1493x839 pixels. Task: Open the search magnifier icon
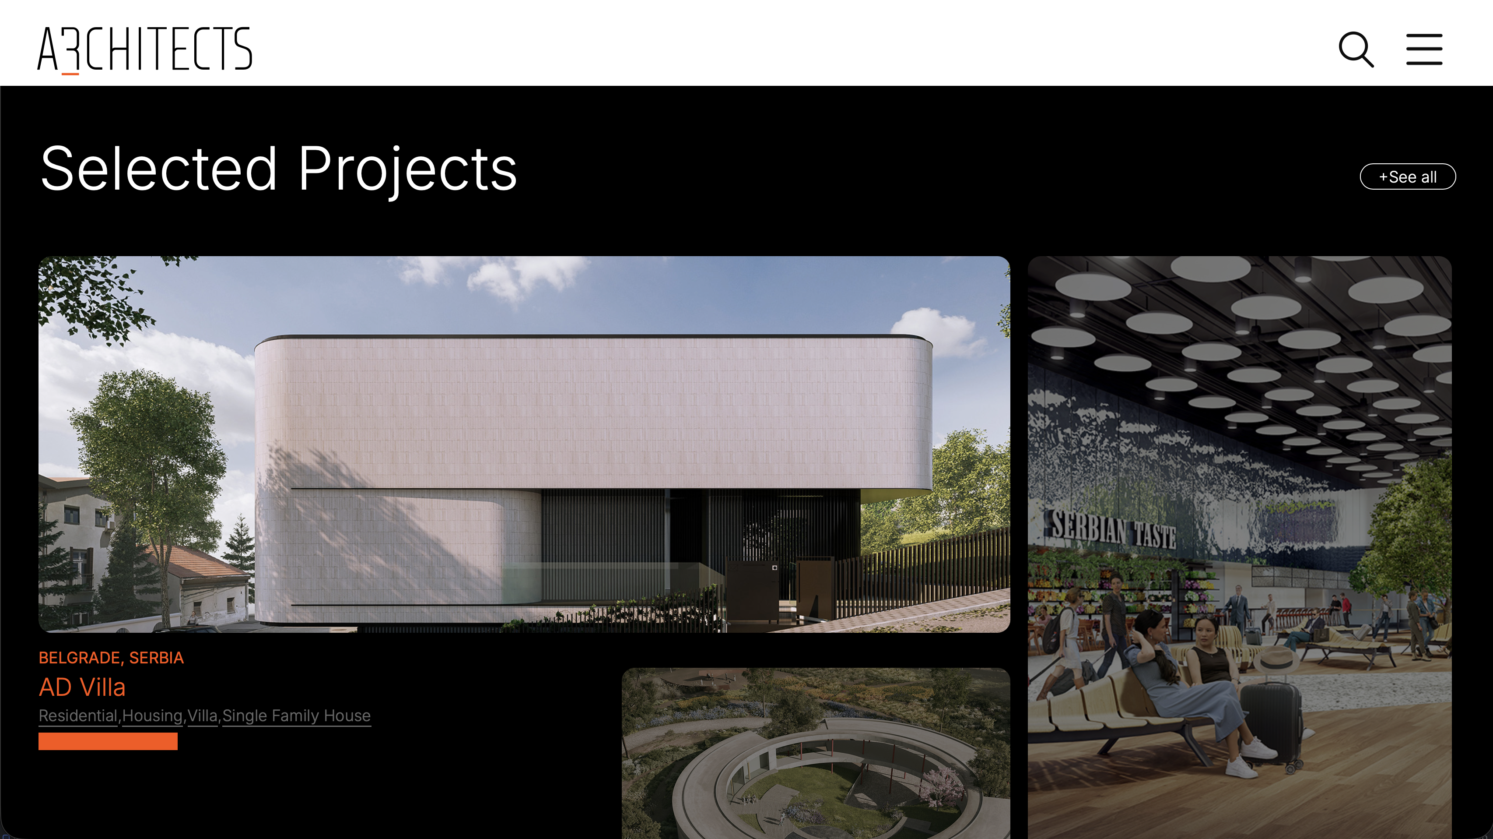1356,49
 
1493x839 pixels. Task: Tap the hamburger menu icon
1424,49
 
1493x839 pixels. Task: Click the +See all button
1407,177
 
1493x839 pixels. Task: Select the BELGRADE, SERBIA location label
111,658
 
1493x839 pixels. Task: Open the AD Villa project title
82,687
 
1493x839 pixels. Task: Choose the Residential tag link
77,716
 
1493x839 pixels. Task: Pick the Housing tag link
152,716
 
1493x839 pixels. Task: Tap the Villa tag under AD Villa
202,716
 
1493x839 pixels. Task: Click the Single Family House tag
296,716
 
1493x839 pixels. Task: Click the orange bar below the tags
108,741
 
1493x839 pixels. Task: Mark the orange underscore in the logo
70,74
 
